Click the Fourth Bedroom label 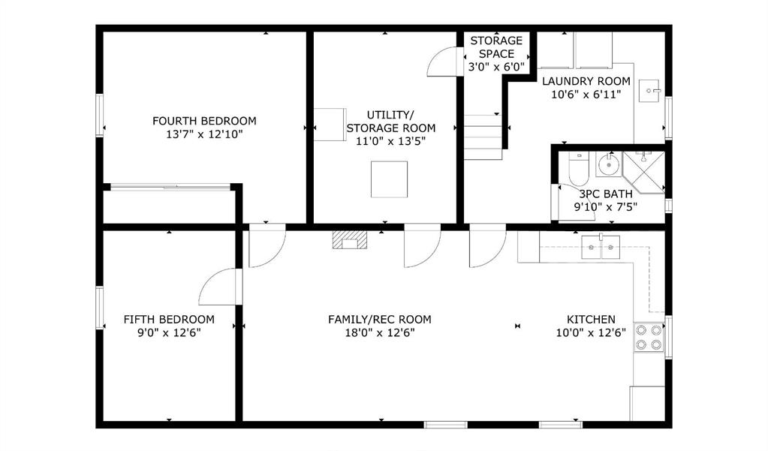coord(204,121)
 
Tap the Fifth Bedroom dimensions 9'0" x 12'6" coord(169,333)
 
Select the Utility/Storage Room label coord(391,122)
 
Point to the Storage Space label coord(496,47)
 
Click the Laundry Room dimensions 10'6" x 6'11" coord(586,95)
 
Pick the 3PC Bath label coord(606,194)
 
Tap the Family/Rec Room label coord(380,319)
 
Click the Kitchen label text coord(591,319)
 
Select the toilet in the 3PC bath coord(579,168)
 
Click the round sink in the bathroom coord(609,164)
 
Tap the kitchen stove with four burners coord(649,337)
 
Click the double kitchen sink coord(601,248)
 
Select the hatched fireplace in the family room coord(350,239)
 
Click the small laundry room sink coord(649,91)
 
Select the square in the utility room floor coord(389,179)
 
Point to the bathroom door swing coord(573,203)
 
